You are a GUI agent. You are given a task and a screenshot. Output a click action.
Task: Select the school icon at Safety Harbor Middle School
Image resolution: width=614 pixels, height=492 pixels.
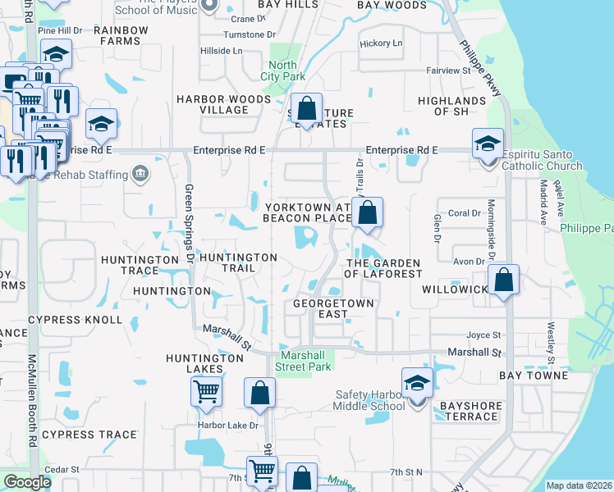(417, 382)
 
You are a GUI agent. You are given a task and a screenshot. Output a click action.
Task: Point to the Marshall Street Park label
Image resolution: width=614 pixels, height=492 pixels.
(305, 361)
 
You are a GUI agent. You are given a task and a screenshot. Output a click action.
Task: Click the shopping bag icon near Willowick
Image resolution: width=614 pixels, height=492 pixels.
(504, 280)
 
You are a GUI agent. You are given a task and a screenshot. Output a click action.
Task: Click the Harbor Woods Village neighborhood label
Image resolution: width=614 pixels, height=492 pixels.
(224, 104)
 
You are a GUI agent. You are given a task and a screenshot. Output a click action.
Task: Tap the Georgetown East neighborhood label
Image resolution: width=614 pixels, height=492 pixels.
(333, 308)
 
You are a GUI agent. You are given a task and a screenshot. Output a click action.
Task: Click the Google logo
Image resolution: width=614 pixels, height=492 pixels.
(27, 482)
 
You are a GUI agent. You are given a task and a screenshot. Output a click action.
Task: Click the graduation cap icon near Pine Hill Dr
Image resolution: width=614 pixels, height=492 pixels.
(57, 54)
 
